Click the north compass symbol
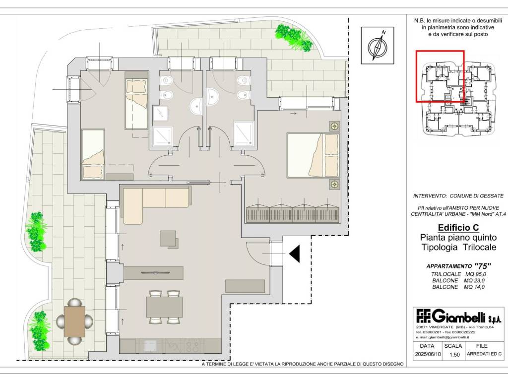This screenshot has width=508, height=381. point(378,46)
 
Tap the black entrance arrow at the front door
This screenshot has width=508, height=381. point(295,254)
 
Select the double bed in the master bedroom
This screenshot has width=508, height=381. point(313,155)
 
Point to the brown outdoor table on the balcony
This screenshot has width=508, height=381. point(74,321)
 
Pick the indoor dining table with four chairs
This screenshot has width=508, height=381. point(164,307)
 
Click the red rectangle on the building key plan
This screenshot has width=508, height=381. point(440,76)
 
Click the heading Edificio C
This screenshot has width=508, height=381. point(458,227)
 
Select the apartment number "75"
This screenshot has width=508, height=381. point(482,266)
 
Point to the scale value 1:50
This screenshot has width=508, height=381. point(454,354)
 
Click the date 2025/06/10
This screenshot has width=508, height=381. point(428,354)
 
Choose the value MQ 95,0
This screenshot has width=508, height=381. point(475,274)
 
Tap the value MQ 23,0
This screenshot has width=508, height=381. point(475,281)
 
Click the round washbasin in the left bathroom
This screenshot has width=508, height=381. point(196,106)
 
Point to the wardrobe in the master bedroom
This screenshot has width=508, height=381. point(293,212)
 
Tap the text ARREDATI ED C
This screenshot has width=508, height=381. point(484,354)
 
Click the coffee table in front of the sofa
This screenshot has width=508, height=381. point(169,239)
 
